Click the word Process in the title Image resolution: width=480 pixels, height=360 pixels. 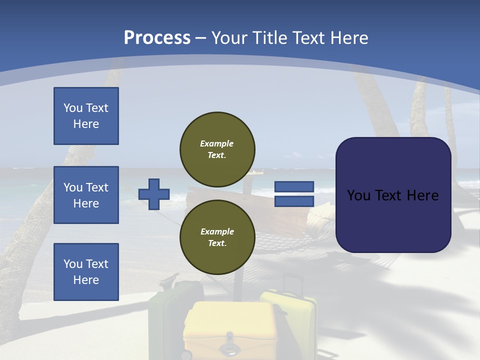point(157,37)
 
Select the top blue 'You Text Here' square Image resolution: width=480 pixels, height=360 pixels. point(86,116)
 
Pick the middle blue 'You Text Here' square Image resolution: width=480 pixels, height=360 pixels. point(86,195)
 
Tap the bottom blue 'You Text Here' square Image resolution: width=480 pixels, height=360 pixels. point(86,272)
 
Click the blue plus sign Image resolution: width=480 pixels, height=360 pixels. point(154,194)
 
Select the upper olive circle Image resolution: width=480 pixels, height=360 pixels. point(217,149)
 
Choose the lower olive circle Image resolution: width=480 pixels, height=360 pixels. point(217,237)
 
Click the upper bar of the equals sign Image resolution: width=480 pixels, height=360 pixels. point(294,187)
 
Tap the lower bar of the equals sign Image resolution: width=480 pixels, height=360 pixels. point(294,201)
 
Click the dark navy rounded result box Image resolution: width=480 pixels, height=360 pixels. point(393,195)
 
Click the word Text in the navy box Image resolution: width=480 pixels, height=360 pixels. point(392,195)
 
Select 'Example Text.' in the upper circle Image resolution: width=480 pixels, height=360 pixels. point(217,149)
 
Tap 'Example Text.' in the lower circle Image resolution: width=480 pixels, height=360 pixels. point(217,237)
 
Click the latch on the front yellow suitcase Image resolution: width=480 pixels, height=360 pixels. point(230,340)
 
